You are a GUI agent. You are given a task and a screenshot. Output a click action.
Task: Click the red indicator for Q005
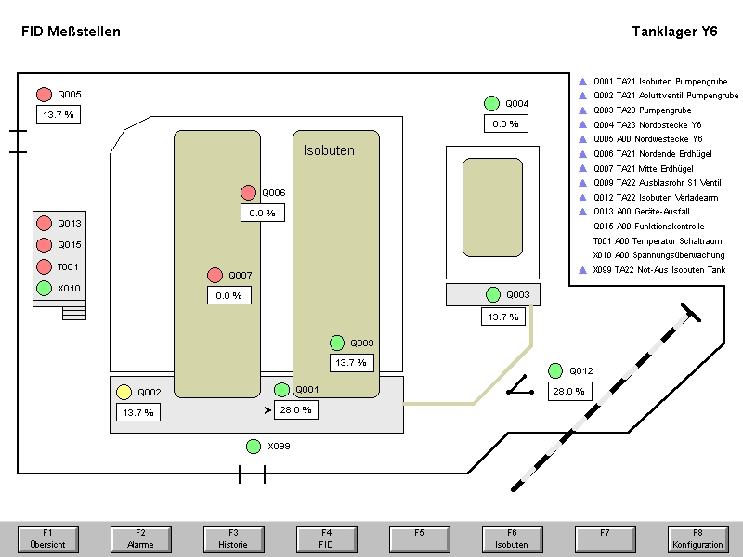click(44, 94)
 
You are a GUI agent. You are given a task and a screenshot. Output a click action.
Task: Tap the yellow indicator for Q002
click(124, 392)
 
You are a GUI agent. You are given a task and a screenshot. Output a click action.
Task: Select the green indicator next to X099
click(254, 447)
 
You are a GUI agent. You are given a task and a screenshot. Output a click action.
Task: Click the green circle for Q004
click(492, 103)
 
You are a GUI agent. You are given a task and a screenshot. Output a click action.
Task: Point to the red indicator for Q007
click(215, 275)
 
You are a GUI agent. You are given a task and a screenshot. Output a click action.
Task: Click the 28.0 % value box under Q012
click(569, 392)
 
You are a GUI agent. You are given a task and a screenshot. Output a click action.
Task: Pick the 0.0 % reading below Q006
click(262, 213)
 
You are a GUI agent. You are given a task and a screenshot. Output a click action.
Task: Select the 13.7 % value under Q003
click(502, 317)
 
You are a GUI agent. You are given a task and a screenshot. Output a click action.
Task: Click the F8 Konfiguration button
click(697, 538)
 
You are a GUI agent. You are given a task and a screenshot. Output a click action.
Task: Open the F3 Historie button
click(232, 538)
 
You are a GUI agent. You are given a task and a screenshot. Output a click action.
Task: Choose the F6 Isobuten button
click(511, 538)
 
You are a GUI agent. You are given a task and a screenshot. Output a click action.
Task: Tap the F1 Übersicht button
click(46, 538)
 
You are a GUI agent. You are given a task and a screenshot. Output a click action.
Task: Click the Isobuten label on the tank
click(329, 149)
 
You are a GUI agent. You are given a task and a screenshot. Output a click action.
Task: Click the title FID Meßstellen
click(71, 32)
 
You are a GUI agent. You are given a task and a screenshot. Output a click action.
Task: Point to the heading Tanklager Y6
click(674, 32)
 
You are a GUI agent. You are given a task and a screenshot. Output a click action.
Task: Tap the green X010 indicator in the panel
click(44, 288)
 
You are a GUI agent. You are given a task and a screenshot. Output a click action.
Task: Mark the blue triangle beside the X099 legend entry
click(582, 270)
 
